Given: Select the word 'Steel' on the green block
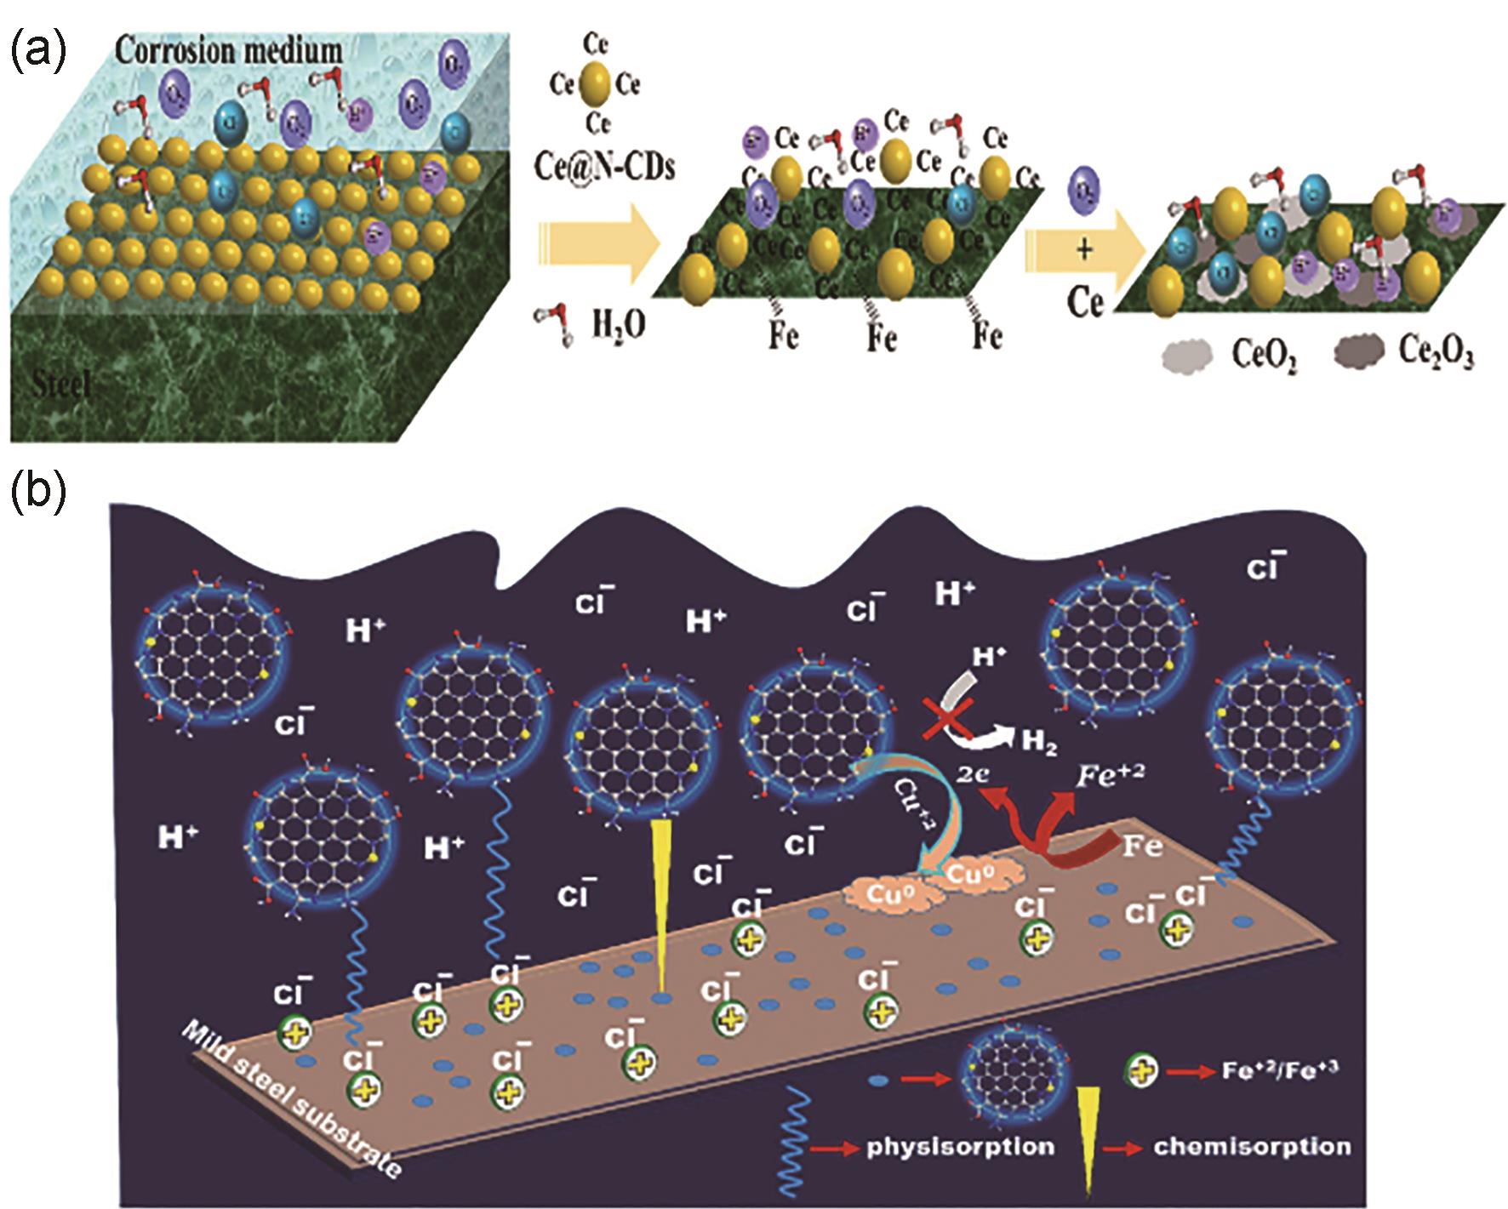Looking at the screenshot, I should tap(61, 385).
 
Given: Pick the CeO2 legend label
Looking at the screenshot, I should tap(1265, 356).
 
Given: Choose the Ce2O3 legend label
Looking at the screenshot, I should tap(1436, 354).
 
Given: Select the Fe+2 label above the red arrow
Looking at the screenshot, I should tap(1108, 775).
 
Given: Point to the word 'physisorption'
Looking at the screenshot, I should tap(960, 1146).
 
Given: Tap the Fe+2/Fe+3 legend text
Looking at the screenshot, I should tap(1280, 1069).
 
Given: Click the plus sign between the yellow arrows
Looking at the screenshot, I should tap(1084, 250).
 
